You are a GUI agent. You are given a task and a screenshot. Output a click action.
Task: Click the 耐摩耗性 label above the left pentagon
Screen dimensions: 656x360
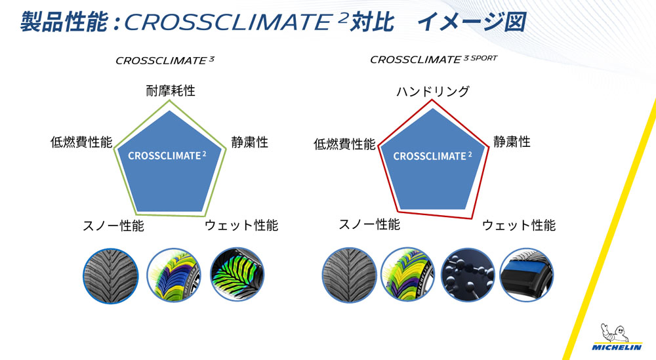click(171, 90)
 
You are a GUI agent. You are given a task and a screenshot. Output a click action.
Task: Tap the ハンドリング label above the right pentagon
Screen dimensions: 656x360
click(433, 91)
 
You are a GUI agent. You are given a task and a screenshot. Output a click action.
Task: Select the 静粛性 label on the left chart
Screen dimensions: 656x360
click(250, 142)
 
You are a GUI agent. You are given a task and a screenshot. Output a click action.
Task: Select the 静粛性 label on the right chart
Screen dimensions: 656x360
click(512, 142)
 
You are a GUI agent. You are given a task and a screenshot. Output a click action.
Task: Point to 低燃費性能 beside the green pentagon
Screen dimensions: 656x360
click(81, 142)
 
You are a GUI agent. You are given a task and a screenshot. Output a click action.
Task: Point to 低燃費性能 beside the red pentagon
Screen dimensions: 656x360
click(345, 144)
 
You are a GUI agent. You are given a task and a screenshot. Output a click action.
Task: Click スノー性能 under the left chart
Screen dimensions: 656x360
click(113, 226)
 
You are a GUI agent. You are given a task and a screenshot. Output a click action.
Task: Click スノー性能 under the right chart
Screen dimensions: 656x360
click(369, 224)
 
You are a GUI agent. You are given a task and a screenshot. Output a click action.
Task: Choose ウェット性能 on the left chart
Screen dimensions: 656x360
click(241, 226)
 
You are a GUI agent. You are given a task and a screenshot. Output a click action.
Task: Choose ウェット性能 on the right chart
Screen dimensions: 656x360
click(519, 226)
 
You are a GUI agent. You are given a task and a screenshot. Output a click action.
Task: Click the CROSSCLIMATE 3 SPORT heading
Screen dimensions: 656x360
click(434, 60)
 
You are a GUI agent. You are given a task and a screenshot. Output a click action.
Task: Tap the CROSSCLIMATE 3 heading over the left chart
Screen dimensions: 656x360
click(165, 60)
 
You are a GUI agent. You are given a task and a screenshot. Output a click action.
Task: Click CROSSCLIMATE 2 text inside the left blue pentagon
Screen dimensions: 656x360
click(167, 155)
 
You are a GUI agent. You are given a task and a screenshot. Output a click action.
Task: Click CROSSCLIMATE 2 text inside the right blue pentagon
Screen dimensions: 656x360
click(432, 156)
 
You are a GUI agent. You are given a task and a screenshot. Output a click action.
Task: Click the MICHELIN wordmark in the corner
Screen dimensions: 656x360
click(617, 347)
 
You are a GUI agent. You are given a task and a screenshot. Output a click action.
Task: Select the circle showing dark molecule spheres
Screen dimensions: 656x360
click(468, 275)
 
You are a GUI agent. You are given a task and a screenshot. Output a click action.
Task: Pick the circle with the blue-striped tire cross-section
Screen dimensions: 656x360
click(527, 275)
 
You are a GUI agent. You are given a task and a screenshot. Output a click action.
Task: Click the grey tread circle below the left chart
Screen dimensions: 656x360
click(110, 276)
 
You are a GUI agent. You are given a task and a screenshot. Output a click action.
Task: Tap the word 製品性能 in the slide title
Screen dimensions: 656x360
click(64, 22)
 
